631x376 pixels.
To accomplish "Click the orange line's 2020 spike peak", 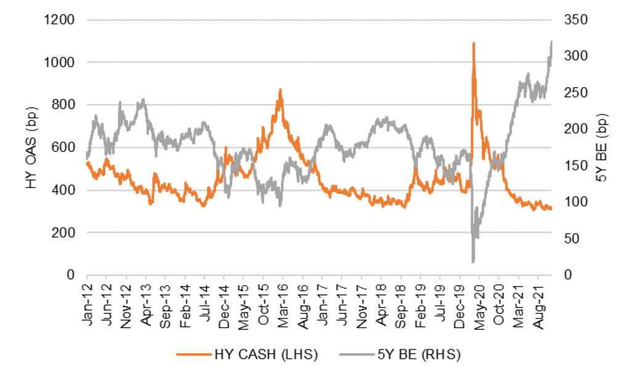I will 473,43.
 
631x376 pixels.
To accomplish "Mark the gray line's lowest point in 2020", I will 473,262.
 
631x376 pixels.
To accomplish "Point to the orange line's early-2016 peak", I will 280,89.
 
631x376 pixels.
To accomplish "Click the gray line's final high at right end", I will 551,41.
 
